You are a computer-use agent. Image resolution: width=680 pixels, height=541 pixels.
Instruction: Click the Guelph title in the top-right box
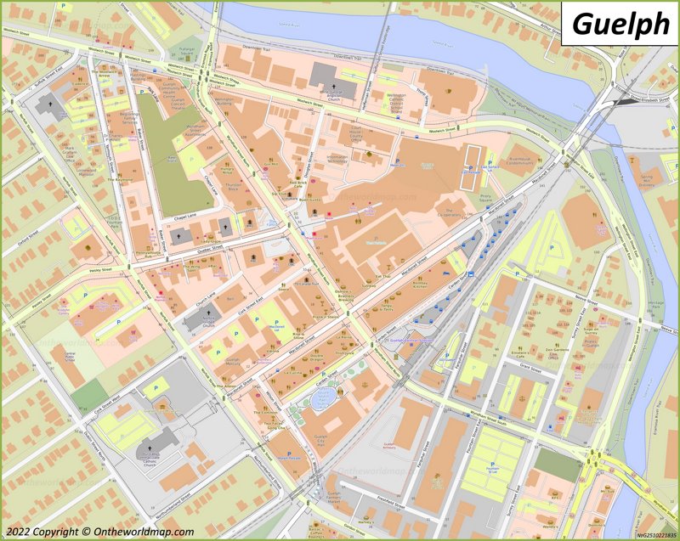pos(620,24)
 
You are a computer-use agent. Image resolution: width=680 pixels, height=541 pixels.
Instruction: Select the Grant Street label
pos(530,367)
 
